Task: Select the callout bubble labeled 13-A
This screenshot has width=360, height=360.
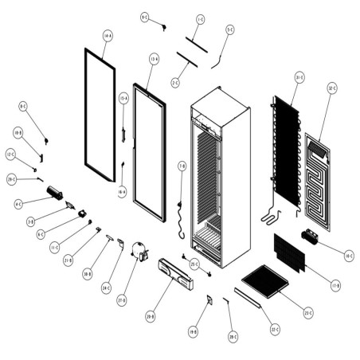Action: pyautogui.click(x=154, y=58)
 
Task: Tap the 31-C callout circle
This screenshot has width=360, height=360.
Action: pyautogui.click(x=299, y=77)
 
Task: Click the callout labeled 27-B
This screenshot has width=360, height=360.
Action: pyautogui.click(x=122, y=300)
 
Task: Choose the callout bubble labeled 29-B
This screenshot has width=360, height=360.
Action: pyautogui.click(x=150, y=316)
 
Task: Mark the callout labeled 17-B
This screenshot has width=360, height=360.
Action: pyautogui.click(x=335, y=284)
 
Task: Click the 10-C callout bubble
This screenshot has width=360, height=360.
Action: pyautogui.click(x=347, y=256)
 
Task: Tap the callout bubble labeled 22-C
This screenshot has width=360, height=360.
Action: pyautogui.click(x=275, y=329)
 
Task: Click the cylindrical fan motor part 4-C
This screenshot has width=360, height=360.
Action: pyautogui.click(x=56, y=193)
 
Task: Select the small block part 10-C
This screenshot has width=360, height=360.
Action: pyautogui.click(x=311, y=237)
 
